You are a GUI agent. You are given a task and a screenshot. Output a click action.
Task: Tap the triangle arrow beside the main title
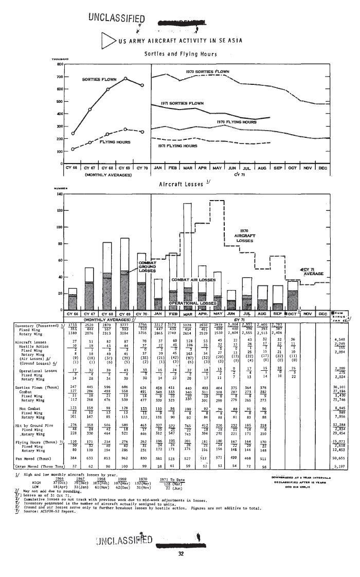pos(108,40)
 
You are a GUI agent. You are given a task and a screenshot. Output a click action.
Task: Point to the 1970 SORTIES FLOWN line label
pos(207,71)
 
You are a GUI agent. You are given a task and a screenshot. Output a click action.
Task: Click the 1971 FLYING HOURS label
pos(178,146)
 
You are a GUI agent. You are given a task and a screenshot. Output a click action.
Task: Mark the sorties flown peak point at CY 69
pos(125,78)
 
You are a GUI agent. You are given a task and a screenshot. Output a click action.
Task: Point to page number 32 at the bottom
pos(181,554)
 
